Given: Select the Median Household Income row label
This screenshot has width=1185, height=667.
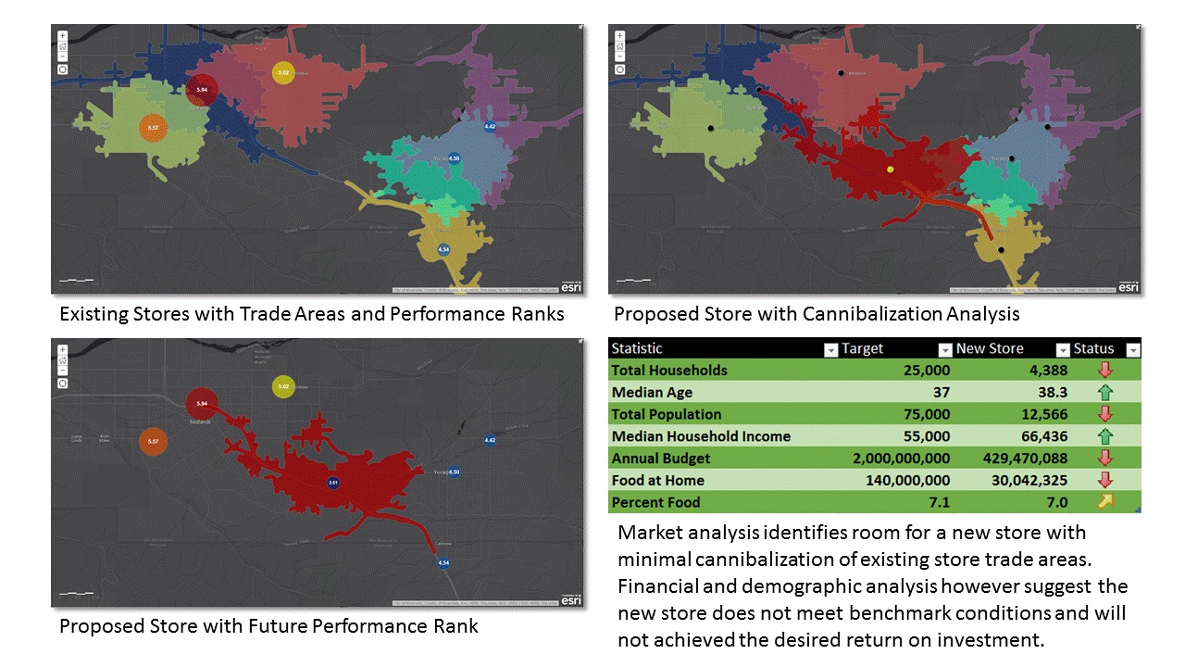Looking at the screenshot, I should pos(701,436).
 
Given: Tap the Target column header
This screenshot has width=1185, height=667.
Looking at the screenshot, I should pos(862,348).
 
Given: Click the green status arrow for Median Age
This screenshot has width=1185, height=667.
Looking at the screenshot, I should pos(1104,393).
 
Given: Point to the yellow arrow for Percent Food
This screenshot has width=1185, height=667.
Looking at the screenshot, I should pos(1104,502).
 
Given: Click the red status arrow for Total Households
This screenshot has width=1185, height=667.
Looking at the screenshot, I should pos(1104,371).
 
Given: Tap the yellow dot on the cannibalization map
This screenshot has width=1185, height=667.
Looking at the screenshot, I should pos(890,170).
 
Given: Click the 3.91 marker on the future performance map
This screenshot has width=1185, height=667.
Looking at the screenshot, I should pos(333,483).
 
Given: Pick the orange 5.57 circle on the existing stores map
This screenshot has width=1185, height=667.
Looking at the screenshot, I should pos(154,127).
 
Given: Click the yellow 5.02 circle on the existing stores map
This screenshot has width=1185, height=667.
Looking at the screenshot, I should pos(283,72).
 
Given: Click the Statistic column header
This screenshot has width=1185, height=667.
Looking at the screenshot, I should pos(637,348).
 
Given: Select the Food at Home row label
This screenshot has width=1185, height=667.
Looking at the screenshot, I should pos(657,480).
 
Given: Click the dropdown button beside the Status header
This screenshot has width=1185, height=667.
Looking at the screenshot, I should pos(1132,349).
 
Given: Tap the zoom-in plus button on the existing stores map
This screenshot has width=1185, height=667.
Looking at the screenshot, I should pos(63,36).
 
